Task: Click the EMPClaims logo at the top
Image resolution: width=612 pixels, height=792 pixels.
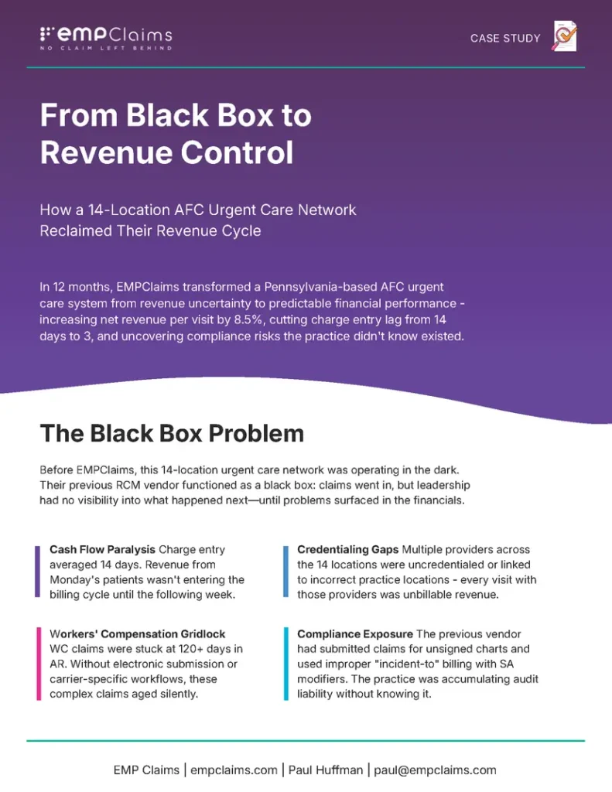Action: pos(105,35)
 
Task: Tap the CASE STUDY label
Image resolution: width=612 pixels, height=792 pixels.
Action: pos(505,38)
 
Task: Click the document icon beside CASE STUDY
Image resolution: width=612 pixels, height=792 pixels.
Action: pos(565,36)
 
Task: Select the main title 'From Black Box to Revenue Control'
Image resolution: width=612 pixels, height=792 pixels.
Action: pos(176,134)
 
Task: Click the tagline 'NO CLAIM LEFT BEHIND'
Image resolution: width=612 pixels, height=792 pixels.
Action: pos(106,48)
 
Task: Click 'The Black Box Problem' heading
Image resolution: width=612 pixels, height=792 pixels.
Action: pos(172,433)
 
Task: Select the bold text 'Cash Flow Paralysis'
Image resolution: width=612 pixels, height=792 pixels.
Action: pos(102,550)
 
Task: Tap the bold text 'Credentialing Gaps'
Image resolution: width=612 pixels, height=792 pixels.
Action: pos(348,550)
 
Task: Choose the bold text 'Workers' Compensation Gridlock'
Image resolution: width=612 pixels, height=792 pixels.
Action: pos(138,634)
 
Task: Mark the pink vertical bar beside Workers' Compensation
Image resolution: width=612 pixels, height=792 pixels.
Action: pos(37,664)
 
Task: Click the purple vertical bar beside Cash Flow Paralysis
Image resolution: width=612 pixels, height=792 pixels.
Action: pos(37,572)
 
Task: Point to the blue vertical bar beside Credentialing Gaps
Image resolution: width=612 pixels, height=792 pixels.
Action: pos(285,572)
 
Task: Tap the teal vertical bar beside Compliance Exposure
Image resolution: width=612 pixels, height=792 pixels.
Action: pos(285,664)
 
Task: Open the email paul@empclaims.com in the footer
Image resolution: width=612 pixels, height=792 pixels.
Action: pos(435,770)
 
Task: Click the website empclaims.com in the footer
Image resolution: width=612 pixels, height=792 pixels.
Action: pos(234,770)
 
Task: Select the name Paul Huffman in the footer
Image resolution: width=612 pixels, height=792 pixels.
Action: pos(326,770)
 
